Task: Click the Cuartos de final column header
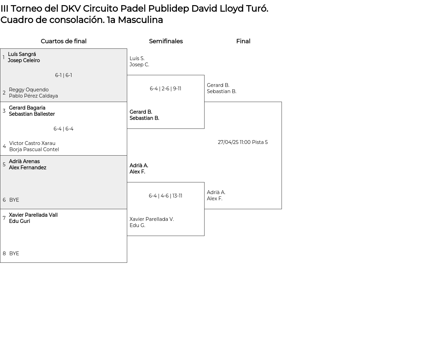[64, 41]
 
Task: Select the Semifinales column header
[166, 41]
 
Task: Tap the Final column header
[243, 41]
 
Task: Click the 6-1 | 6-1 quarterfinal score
[64, 75]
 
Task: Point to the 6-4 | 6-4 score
[64, 129]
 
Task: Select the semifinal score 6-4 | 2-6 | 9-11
[165, 89]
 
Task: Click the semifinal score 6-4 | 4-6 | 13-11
[165, 196]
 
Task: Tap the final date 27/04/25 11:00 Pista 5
[243, 142]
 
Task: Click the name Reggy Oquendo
[29, 90]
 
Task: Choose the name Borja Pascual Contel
[34, 149]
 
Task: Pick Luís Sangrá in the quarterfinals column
[22, 54]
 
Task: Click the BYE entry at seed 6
[14, 200]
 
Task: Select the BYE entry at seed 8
[14, 254]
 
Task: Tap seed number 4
[4, 146]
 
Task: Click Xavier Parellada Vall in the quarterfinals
[33, 215]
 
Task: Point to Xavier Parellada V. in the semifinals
[152, 219]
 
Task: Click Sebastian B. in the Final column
[221, 91]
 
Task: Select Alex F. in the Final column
[214, 199]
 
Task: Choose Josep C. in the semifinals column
[139, 65]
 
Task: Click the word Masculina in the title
[140, 20]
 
